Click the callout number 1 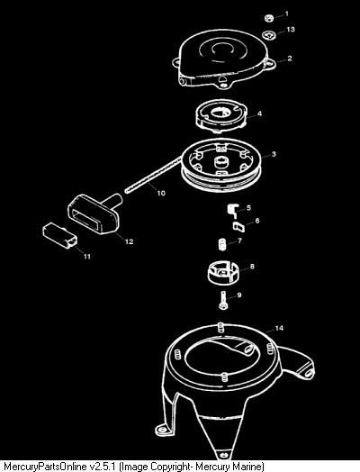(x=286, y=14)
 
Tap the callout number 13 (x=291, y=30)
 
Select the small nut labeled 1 (x=269, y=18)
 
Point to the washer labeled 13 (x=270, y=35)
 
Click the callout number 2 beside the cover (x=289, y=58)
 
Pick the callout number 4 (x=259, y=113)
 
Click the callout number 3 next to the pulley (x=274, y=154)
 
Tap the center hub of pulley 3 (x=222, y=163)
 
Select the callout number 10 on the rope (x=161, y=193)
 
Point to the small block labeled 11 (x=59, y=235)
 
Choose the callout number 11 (x=87, y=257)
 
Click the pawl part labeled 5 (x=232, y=210)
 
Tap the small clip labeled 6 (x=238, y=226)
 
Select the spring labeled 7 (x=221, y=243)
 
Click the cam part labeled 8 (x=222, y=273)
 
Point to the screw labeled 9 (x=222, y=300)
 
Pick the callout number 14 (x=279, y=328)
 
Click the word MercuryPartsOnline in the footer (x=45, y=466)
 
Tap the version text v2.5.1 (x=103, y=466)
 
